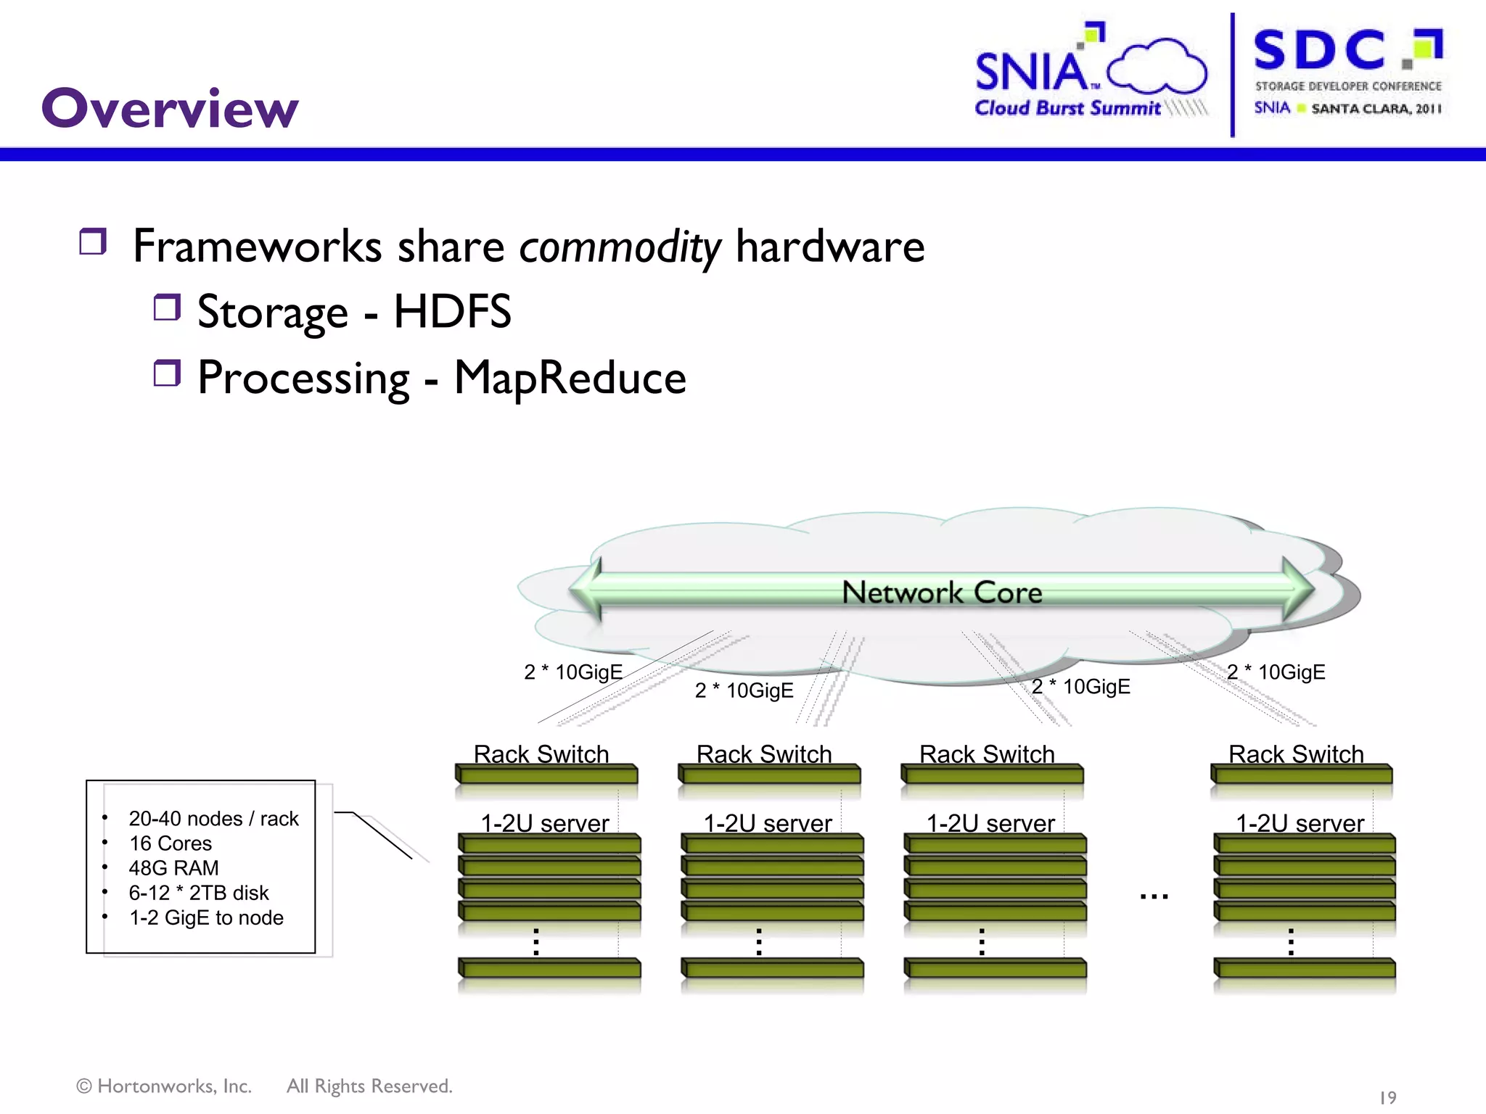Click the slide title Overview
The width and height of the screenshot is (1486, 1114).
[x=170, y=109]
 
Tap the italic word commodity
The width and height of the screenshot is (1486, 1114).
[x=619, y=247]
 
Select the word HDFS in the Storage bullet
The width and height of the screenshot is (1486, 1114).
[x=452, y=312]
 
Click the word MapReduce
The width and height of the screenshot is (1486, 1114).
[x=570, y=378]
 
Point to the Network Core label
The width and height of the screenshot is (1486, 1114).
[x=942, y=593]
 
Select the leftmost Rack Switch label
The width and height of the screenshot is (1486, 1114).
[x=541, y=754]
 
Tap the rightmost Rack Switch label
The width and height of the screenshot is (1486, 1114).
[x=1296, y=754]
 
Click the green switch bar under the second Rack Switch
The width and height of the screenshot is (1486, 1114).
[x=769, y=775]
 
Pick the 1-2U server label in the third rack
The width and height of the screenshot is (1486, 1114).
[x=990, y=823]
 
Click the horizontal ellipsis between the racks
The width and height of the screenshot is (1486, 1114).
[x=1154, y=897]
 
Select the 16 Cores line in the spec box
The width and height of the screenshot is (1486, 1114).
[x=171, y=843]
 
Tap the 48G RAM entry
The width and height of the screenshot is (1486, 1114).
[x=173, y=868]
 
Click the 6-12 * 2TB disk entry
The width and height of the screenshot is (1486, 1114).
[x=198, y=893]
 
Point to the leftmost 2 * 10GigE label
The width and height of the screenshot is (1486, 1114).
[x=573, y=672]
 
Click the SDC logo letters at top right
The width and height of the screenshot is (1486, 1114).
[x=1319, y=51]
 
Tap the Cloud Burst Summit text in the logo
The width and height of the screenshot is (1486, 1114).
[x=1067, y=108]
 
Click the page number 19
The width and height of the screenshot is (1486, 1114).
[x=1387, y=1097]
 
